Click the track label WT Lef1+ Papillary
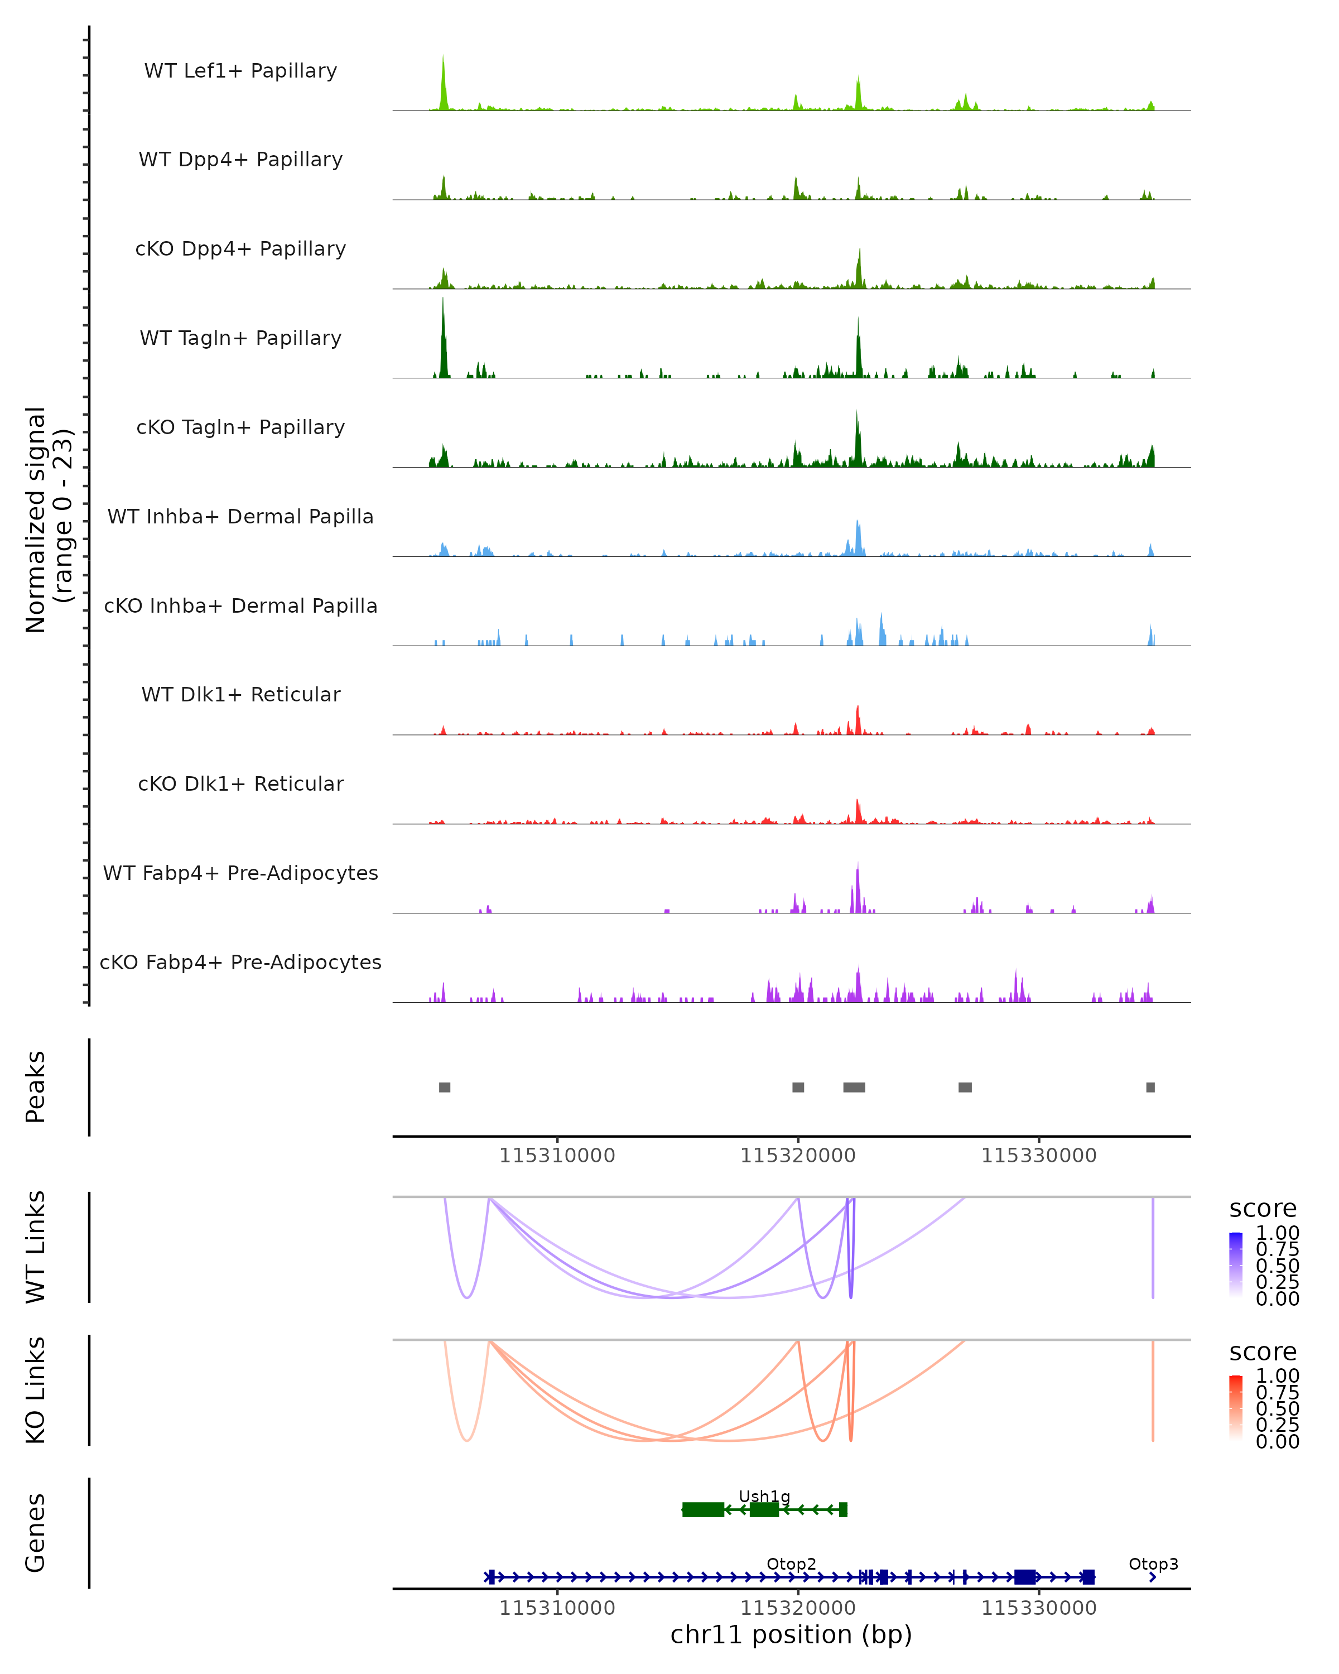pyautogui.click(x=240, y=71)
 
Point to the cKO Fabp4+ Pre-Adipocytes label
pyautogui.click(x=240, y=962)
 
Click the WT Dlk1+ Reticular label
pyautogui.click(x=240, y=694)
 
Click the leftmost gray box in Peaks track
pyautogui.click(x=445, y=1087)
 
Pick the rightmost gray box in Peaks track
pyautogui.click(x=1150, y=1087)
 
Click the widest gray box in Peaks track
pyautogui.click(x=854, y=1087)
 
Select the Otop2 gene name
pyautogui.click(x=791, y=1564)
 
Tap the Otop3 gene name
pyautogui.click(x=1153, y=1564)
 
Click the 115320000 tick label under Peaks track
pyautogui.click(x=798, y=1156)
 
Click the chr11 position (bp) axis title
pyautogui.click(x=791, y=1634)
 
